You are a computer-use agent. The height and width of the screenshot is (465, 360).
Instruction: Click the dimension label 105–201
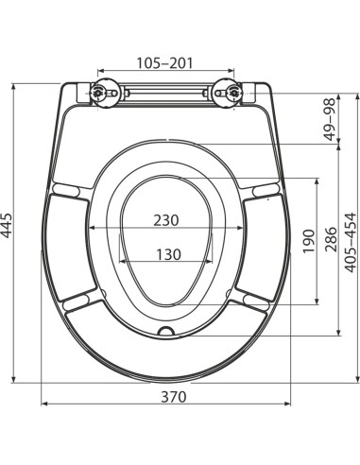tap(164, 63)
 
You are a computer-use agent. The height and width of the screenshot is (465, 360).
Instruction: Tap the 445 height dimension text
tap(7, 226)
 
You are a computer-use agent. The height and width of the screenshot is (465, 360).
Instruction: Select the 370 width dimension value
tap(174, 397)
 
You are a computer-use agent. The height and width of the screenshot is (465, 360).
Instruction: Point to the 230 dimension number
tap(166, 220)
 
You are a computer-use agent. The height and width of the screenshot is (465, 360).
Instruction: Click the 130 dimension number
tap(168, 254)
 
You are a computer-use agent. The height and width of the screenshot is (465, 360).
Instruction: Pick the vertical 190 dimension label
tap(309, 241)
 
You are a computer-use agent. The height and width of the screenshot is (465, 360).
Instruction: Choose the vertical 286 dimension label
tap(332, 239)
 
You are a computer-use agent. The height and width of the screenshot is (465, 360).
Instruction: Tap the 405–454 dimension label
tap(351, 242)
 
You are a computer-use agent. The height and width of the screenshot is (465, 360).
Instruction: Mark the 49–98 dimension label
tap(330, 119)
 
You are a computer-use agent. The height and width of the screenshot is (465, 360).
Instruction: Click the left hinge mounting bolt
tap(97, 93)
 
